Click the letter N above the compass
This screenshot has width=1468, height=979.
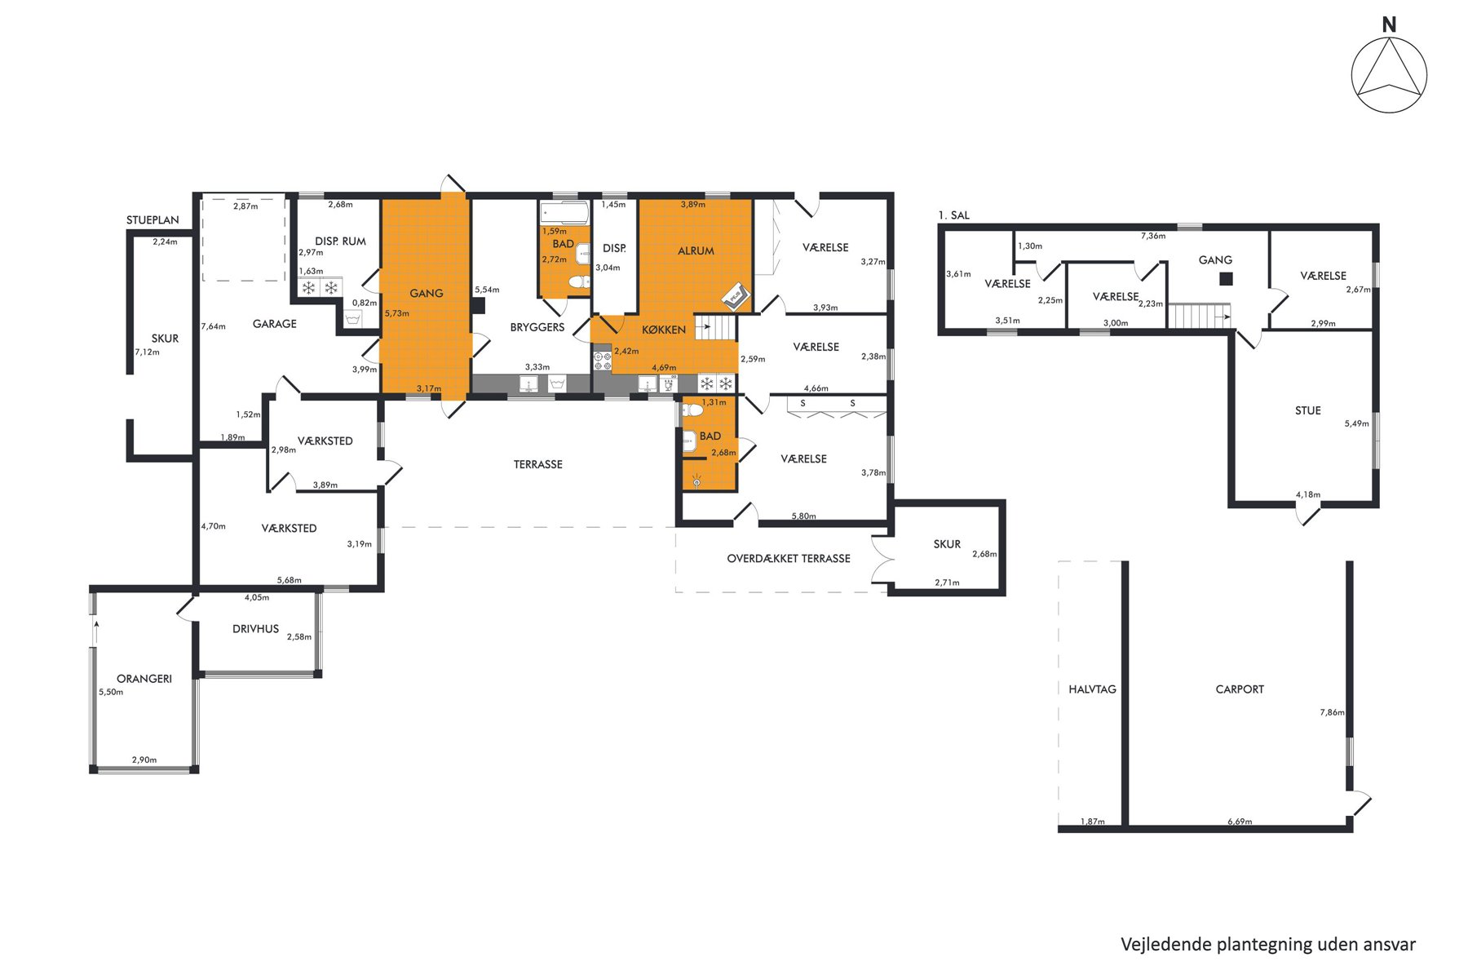pyautogui.click(x=1389, y=25)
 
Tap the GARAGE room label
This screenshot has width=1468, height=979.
pyautogui.click(x=275, y=324)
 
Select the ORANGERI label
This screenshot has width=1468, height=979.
pyautogui.click(x=144, y=679)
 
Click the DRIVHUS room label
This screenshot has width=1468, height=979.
pyautogui.click(x=255, y=629)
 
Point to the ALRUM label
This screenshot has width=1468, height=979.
pyautogui.click(x=696, y=251)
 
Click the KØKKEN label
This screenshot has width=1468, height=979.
pyautogui.click(x=664, y=330)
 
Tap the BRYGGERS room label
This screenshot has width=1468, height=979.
pyautogui.click(x=537, y=327)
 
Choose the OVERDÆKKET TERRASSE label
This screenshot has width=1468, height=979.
pyautogui.click(x=789, y=559)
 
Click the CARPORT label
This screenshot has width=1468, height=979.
pyautogui.click(x=1240, y=689)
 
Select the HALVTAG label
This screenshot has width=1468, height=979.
pyautogui.click(x=1092, y=689)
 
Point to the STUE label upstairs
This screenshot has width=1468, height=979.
pyautogui.click(x=1308, y=411)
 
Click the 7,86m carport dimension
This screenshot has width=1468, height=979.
pyautogui.click(x=1332, y=712)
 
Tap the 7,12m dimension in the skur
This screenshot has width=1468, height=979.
pyautogui.click(x=147, y=352)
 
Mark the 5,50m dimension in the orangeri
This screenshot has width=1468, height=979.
pyautogui.click(x=111, y=693)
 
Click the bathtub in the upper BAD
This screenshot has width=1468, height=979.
pyautogui.click(x=564, y=213)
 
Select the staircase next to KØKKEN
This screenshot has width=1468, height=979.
pyautogui.click(x=715, y=327)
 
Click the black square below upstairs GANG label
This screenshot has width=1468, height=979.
pyautogui.click(x=1226, y=279)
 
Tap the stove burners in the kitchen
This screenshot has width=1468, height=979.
pyautogui.click(x=603, y=361)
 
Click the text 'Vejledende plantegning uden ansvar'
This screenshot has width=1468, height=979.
pyautogui.click(x=1268, y=945)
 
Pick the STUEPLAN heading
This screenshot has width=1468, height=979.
pyautogui.click(x=153, y=221)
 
